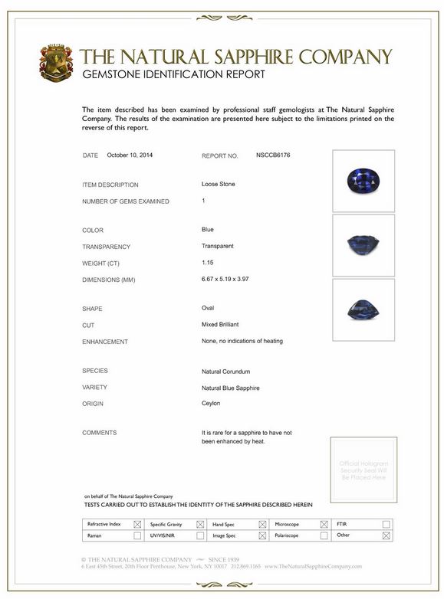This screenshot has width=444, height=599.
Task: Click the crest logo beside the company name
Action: click(56, 63)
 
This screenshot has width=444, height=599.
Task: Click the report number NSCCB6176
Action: click(273, 155)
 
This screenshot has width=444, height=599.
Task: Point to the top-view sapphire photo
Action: click(363, 180)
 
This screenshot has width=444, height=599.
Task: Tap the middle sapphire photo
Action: click(363, 244)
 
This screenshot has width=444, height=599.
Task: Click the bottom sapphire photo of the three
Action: click(363, 309)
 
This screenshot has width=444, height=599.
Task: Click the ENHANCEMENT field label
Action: click(105, 342)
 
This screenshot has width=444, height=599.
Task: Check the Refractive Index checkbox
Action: click(137, 525)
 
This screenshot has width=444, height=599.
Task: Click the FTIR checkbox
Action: click(386, 525)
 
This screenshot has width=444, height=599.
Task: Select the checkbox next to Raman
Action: click(137, 535)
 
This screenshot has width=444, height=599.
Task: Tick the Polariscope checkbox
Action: click(324, 535)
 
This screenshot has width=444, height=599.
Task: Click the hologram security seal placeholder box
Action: click(363, 470)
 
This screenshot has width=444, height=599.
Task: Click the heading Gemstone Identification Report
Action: click(173, 74)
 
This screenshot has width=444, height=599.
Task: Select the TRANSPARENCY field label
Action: click(107, 247)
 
